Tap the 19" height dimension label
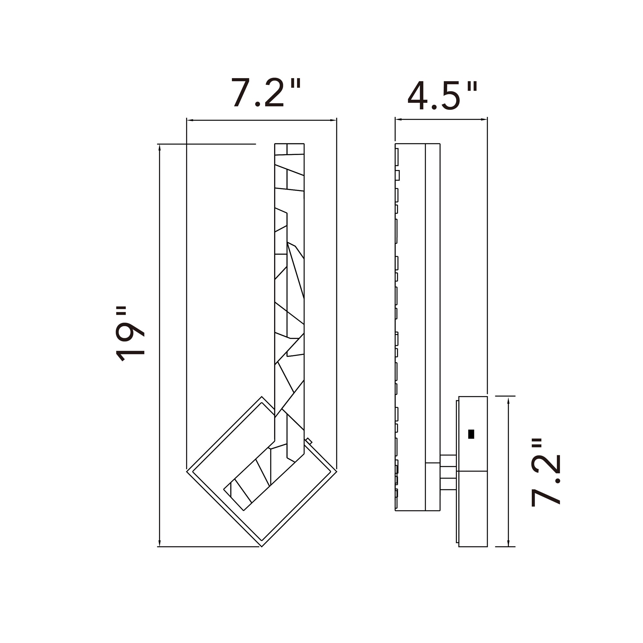pyautogui.click(x=130, y=334)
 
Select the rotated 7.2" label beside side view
pyautogui.click(x=546, y=472)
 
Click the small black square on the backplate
pyautogui.click(x=471, y=434)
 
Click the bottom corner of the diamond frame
pyautogui.click(x=262, y=546)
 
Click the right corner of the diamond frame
pyautogui.click(x=336, y=471)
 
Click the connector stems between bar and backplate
pyautogui.click(x=448, y=472)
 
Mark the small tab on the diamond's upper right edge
pyautogui.click(x=309, y=441)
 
